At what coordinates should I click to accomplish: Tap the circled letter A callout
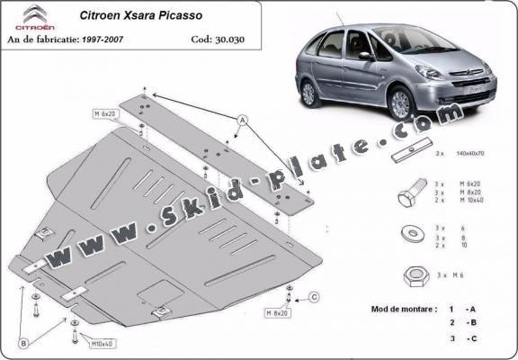coord(241,120)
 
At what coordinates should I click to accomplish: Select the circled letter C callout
coord(314,296)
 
